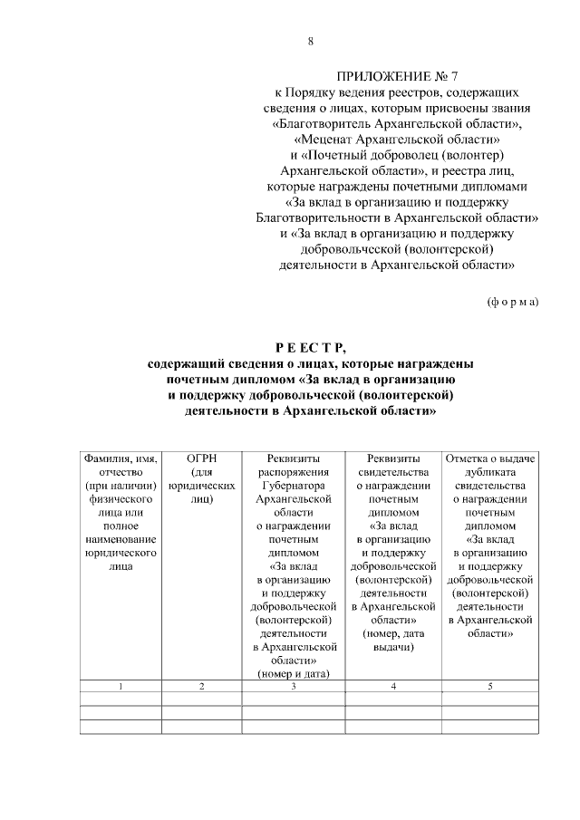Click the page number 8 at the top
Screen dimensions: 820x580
click(311, 42)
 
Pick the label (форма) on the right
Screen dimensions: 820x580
click(512, 301)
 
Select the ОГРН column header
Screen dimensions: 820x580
click(201, 458)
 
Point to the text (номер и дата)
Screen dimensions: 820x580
click(294, 673)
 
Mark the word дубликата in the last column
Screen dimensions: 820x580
click(489, 472)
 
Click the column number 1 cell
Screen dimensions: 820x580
click(121, 687)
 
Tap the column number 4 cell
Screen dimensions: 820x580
click(393, 687)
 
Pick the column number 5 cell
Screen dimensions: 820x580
click(489, 687)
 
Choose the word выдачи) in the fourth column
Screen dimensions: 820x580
click(393, 647)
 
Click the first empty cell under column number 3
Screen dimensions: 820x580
click(294, 699)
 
